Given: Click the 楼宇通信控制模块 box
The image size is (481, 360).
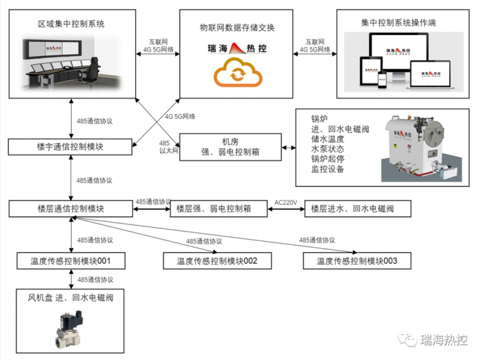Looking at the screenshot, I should pyautogui.click(x=70, y=146).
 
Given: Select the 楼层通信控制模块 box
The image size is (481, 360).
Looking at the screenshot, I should pyautogui.click(x=70, y=209).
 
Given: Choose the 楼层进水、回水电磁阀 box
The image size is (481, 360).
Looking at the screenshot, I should pyautogui.click(x=357, y=209).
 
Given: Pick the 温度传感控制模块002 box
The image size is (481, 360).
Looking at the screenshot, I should pyautogui.click(x=217, y=261).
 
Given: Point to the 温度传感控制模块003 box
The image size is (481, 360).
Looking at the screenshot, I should pyautogui.click(x=357, y=261).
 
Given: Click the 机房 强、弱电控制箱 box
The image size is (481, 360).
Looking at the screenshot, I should pyautogui.click(x=231, y=147).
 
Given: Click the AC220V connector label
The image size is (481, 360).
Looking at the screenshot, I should pyautogui.click(x=286, y=202).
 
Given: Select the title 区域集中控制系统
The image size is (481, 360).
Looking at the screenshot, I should pyautogui.click(x=71, y=24).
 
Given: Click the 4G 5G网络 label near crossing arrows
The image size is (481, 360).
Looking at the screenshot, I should pyautogui.click(x=180, y=116).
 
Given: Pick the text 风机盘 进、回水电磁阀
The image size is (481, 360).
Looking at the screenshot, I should pyautogui.click(x=71, y=297).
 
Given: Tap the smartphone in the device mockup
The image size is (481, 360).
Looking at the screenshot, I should pyautogui.click(x=381, y=78).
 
